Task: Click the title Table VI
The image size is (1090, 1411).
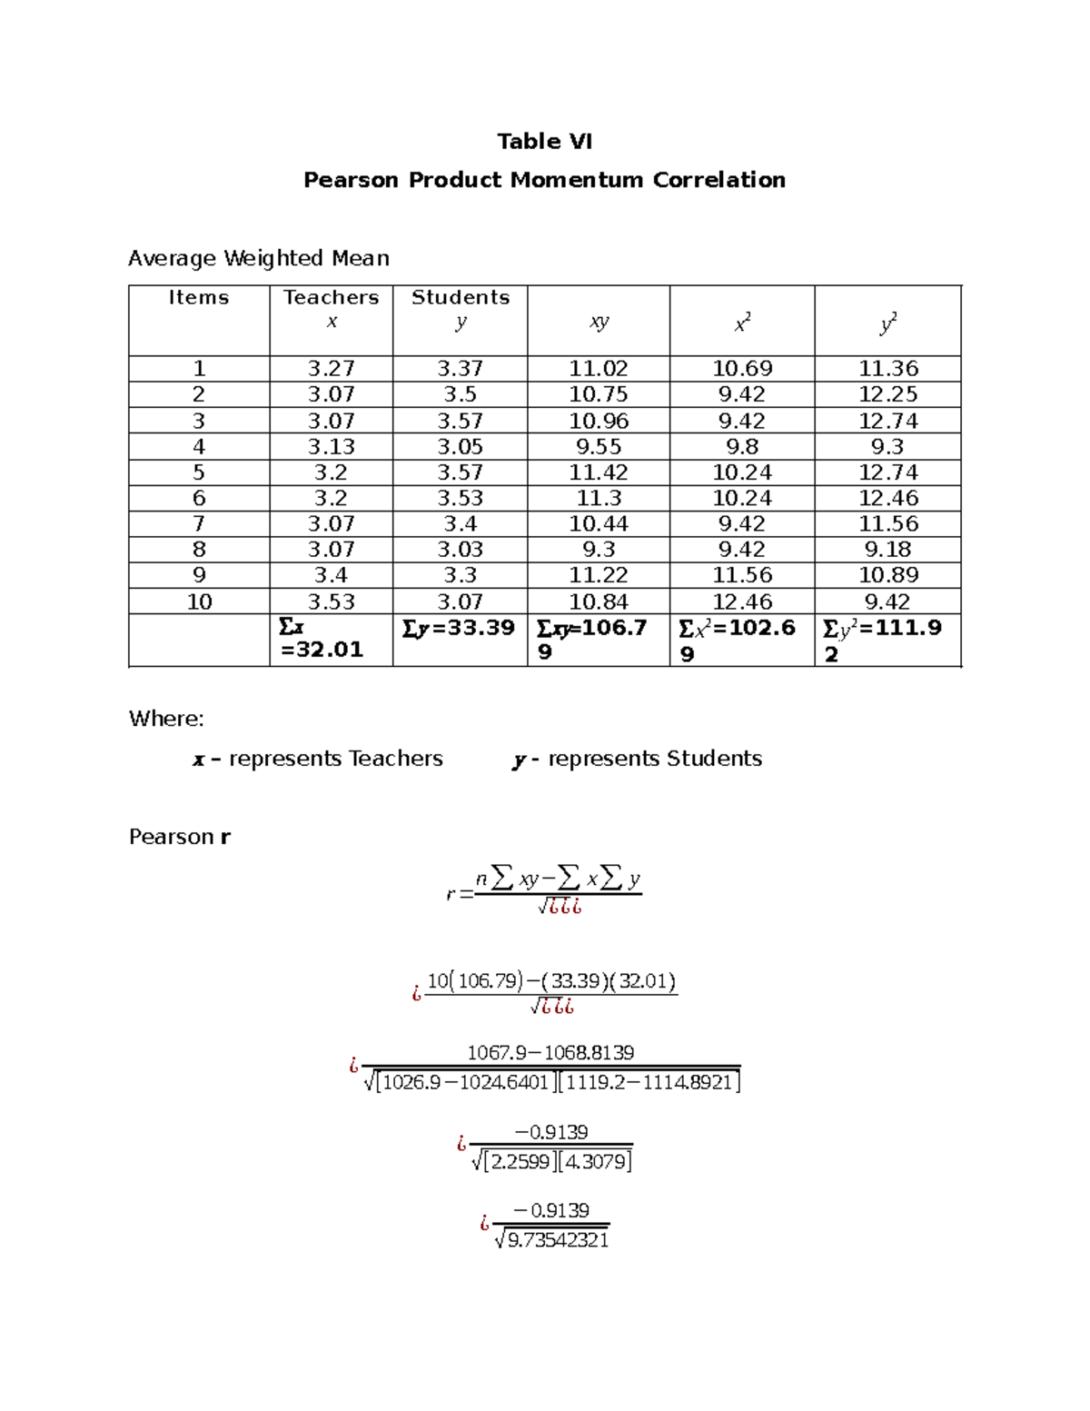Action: click(x=544, y=141)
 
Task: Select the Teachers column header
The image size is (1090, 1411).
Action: click(x=331, y=297)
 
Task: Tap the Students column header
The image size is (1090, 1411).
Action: click(x=461, y=297)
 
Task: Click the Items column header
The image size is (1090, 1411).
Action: click(x=199, y=297)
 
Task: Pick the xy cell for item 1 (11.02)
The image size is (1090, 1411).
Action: click(x=598, y=368)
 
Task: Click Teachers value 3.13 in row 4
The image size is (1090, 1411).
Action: click(x=331, y=446)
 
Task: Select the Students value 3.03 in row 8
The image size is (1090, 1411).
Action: click(x=460, y=549)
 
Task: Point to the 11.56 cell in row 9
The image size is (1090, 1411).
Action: click(x=741, y=575)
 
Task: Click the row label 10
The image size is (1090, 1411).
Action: click(x=199, y=601)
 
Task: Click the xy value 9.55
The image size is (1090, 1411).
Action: click(x=598, y=446)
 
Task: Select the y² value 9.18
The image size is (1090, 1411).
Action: click(x=887, y=549)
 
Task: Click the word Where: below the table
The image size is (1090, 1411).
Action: click(x=166, y=719)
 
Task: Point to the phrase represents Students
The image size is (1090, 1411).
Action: click(x=654, y=759)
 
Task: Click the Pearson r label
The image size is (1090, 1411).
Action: click(x=179, y=837)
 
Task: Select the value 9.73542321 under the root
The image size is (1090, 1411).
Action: click(x=558, y=1240)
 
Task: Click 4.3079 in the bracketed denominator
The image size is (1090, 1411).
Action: click(x=595, y=1161)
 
